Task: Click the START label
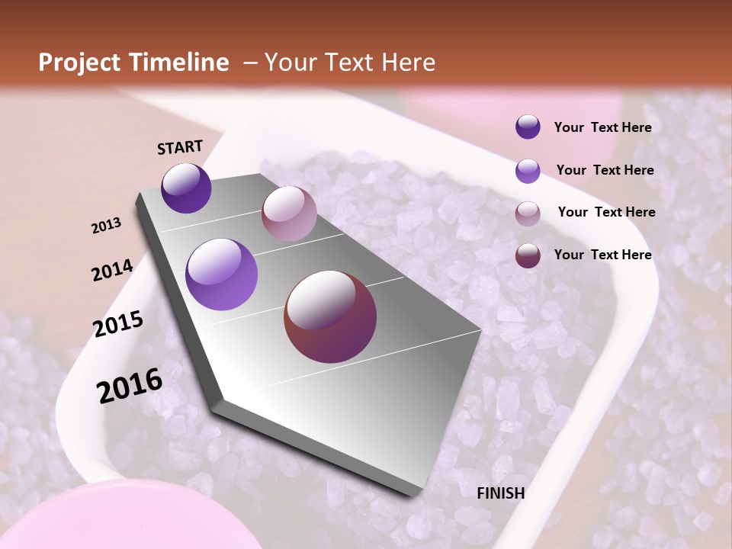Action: (180, 146)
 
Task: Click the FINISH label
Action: (500, 493)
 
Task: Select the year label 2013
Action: (107, 226)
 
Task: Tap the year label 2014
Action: (112, 270)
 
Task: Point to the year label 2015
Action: (118, 324)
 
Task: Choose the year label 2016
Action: (130, 385)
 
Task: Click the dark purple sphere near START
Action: (186, 188)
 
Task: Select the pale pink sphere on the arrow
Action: (289, 213)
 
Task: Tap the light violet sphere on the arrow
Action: (222, 274)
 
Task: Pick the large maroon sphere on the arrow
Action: (330, 316)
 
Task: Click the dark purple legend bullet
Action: (528, 127)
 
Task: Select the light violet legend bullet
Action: (528, 171)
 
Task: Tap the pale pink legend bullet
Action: (528, 213)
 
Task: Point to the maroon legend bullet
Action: (528, 255)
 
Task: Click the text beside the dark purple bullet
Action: (602, 127)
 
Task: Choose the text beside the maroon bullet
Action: (602, 255)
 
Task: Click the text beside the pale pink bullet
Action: (606, 212)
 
